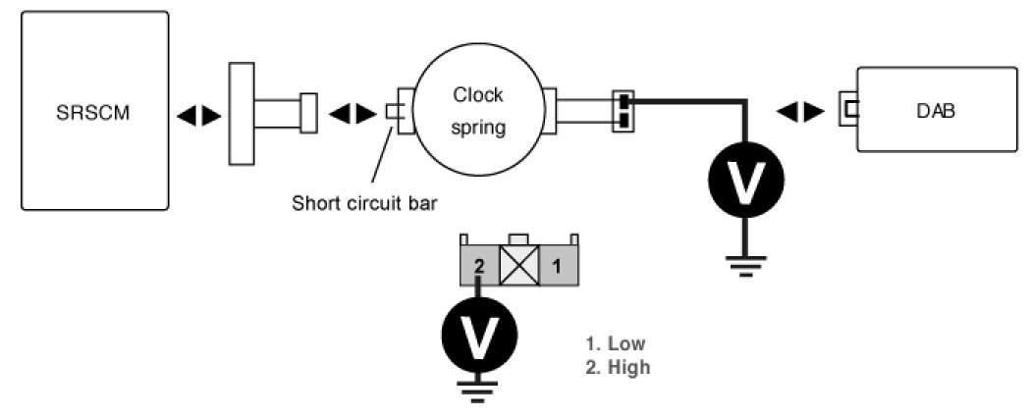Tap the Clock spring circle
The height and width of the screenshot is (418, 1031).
[477, 110]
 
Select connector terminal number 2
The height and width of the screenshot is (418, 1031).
[479, 264]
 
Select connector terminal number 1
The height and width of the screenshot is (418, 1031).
[556, 264]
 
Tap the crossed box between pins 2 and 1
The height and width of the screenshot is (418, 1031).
[517, 265]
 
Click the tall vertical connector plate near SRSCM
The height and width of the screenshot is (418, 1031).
[241, 113]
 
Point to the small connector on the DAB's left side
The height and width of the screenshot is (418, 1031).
[847, 109]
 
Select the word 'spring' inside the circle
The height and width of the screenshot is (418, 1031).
[478, 128]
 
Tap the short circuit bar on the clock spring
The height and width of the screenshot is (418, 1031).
[393, 112]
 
